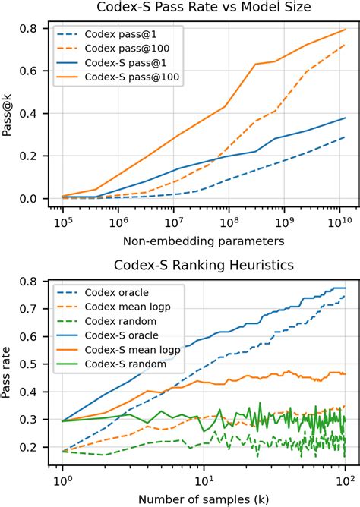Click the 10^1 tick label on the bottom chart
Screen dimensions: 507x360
(204, 479)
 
